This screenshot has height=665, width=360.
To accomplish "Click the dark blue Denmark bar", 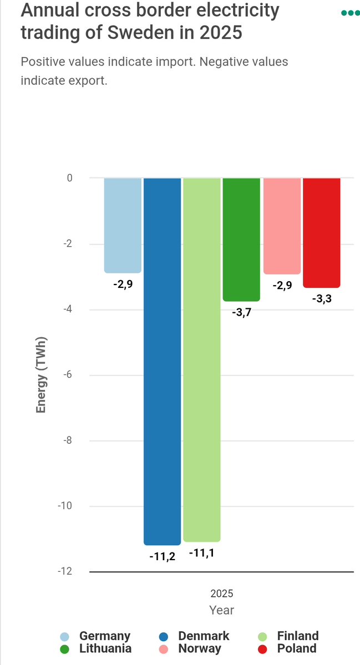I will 162,361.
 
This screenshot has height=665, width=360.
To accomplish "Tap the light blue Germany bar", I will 123,225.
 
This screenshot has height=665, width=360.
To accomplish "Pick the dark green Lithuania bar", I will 241,239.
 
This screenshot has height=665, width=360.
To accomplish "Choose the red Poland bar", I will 321,232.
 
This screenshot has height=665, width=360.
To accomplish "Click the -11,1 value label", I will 202,553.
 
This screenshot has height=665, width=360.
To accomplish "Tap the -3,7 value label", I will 241,313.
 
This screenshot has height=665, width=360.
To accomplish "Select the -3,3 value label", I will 321,299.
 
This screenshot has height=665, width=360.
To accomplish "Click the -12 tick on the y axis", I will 65,571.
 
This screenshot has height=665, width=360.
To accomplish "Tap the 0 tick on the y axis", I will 70,178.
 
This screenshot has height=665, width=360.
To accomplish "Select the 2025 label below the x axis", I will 222,593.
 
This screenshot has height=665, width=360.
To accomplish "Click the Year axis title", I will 222,610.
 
